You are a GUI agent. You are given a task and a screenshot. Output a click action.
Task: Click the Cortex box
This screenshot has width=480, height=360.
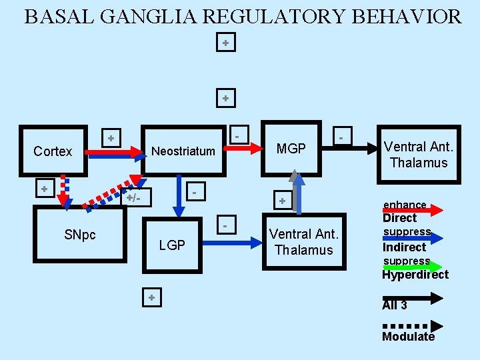tap(53, 152)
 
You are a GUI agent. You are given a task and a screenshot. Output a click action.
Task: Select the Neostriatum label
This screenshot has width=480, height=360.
tap(183, 151)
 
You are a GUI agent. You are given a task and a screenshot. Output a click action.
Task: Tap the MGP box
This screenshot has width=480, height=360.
tap(291, 149)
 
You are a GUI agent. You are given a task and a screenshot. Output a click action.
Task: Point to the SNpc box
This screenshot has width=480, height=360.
tap(80, 235)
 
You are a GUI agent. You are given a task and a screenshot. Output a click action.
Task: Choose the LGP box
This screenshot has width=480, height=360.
tap(172, 245)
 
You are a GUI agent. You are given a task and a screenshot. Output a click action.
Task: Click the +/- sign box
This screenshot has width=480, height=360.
tap(138, 197)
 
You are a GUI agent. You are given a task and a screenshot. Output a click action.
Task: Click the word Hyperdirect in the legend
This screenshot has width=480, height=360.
tap(415, 275)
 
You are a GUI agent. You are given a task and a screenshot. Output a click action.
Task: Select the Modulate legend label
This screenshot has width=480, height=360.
tap(408, 337)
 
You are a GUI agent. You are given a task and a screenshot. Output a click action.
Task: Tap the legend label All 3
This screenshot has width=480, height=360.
tap(395, 305)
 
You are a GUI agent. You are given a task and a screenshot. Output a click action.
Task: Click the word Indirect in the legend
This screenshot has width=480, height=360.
tap(404, 247)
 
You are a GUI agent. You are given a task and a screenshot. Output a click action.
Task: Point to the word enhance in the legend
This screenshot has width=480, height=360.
tap(405, 205)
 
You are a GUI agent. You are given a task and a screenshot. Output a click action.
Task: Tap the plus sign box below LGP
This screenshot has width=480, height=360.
tap(151, 297)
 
